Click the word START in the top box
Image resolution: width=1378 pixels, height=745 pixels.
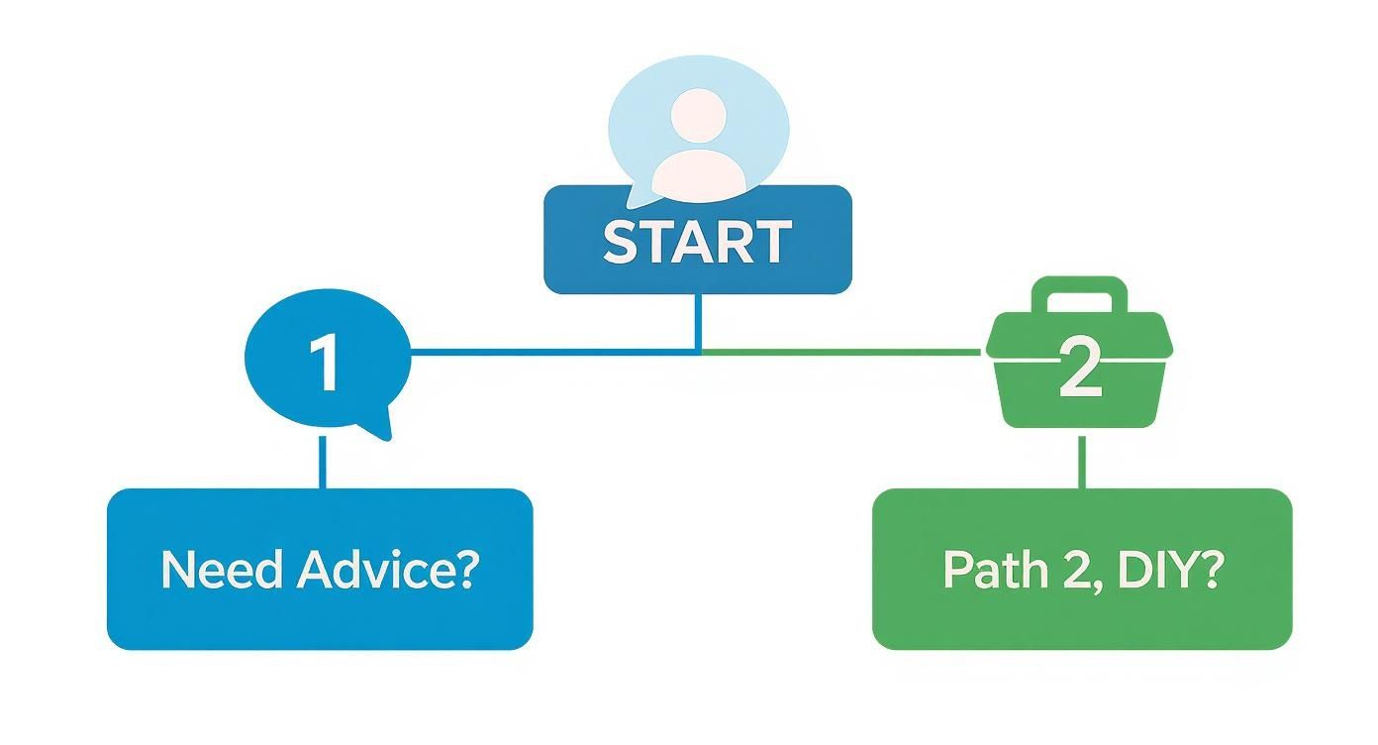(697, 242)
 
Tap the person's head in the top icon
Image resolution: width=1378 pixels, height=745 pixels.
(698, 115)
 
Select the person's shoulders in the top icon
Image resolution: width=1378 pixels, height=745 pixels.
(698, 170)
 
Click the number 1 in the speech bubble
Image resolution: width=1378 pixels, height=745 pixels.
(324, 363)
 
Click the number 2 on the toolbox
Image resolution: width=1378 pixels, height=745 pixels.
(1079, 369)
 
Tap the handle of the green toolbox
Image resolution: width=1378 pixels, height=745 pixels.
(1079, 290)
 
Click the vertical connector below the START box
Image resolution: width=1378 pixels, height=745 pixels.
(699, 322)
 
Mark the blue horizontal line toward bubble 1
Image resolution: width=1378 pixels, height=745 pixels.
(554, 351)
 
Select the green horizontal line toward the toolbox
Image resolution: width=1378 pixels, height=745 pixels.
(841, 351)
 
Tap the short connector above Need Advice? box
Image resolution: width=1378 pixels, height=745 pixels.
(322, 461)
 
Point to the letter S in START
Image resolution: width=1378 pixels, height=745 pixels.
(622, 242)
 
